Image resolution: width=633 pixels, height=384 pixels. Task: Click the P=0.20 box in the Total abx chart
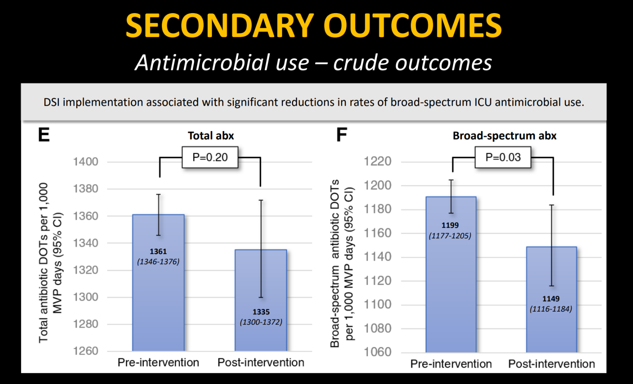pyautogui.click(x=210, y=158)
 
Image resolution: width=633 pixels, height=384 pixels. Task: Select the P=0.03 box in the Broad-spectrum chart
pyautogui.click(x=503, y=158)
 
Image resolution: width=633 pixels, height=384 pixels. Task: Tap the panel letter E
pyautogui.click(x=44, y=135)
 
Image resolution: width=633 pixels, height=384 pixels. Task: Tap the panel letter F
pyautogui.click(x=341, y=135)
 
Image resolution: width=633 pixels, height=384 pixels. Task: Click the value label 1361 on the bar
pyautogui.click(x=158, y=251)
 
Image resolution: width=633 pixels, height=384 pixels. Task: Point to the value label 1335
pyautogui.click(x=261, y=312)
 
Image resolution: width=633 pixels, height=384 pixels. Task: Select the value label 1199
pyautogui.click(x=450, y=225)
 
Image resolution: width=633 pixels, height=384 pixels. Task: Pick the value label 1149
pyautogui.click(x=551, y=299)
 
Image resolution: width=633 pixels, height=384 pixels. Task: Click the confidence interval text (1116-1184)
pyautogui.click(x=551, y=309)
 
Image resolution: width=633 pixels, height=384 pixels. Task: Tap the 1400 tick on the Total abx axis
pyautogui.click(x=86, y=162)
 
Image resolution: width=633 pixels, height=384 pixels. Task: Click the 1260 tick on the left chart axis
pyautogui.click(x=86, y=351)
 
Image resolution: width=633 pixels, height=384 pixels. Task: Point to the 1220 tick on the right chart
pyautogui.click(x=377, y=161)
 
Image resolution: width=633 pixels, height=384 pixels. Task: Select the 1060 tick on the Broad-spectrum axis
pyautogui.click(x=377, y=352)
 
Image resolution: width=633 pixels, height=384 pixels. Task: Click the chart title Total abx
pyautogui.click(x=211, y=136)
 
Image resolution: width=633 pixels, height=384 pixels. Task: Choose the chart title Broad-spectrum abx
pyautogui.click(x=504, y=136)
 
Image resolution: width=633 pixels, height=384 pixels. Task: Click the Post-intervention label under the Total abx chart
pyautogui.click(x=261, y=363)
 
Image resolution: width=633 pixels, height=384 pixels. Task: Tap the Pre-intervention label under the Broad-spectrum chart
pyautogui.click(x=451, y=364)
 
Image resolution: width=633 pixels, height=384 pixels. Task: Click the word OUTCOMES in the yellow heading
pyautogui.click(x=413, y=26)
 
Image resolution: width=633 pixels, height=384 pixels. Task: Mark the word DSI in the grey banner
pyautogui.click(x=52, y=102)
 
